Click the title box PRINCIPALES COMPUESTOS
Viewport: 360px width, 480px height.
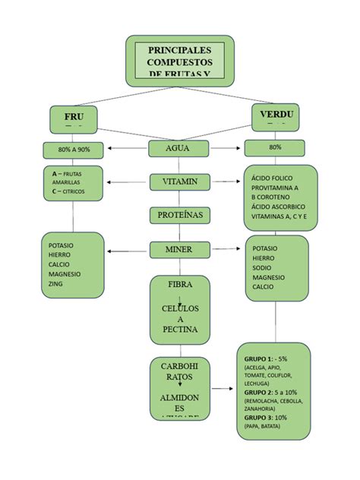(179, 61)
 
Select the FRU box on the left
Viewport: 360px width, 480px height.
(74, 119)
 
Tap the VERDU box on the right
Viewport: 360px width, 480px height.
(276, 117)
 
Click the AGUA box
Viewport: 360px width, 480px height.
(178, 148)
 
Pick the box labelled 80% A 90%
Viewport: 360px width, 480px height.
(73, 149)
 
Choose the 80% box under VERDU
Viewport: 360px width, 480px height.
(274, 147)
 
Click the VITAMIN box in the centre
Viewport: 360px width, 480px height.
(178, 182)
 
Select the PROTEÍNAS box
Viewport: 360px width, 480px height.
(179, 216)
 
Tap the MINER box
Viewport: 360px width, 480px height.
(178, 249)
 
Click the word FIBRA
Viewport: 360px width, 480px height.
(180, 284)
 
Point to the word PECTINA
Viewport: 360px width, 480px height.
(180, 330)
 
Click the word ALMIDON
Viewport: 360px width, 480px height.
(180, 398)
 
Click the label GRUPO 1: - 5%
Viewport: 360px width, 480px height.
(266, 358)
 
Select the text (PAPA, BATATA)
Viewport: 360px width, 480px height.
(262, 427)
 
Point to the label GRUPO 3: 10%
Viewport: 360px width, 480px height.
(266, 418)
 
